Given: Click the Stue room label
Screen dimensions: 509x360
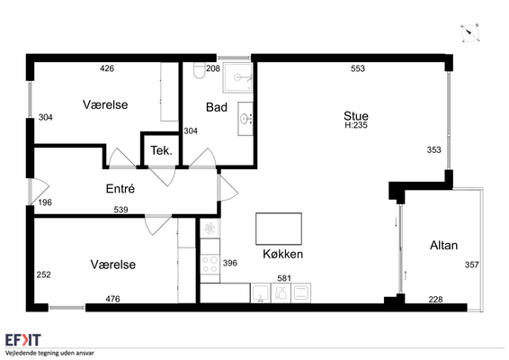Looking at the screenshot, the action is pos(356,116).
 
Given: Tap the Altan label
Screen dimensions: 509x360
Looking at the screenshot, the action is pos(443,246).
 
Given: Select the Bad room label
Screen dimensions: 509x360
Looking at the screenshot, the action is pos(217,107).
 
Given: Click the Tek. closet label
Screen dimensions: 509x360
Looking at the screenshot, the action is pos(161,150).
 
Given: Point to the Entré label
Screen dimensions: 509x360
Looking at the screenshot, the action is pos(121,188).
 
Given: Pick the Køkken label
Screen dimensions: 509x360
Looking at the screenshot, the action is pos(282,254).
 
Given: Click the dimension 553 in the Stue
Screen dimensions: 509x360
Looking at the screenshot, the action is pos(358,68).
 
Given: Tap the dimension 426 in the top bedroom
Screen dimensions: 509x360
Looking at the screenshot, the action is pos(107,68).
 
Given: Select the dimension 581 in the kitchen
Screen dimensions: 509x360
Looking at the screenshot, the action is pos(284,278).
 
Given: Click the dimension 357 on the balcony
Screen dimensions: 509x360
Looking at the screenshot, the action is pos(471,265).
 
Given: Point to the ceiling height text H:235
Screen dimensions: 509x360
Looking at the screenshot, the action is pos(356,125).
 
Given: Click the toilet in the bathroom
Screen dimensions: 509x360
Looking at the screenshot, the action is pos(199,70).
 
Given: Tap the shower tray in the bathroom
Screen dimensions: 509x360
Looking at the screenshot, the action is pos(237,77).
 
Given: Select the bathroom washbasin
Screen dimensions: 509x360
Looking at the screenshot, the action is pos(246,119).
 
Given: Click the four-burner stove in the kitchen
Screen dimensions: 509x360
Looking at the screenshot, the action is pos(210,265).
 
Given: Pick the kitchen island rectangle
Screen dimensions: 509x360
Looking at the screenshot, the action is pos(279,229).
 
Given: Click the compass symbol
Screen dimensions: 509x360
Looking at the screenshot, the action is pos(469,33).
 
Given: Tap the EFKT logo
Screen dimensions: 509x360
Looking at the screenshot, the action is pos(23,340).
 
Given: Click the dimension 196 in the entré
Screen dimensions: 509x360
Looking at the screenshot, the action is pos(45,202).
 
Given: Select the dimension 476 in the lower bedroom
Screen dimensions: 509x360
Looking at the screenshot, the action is pos(112,299).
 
